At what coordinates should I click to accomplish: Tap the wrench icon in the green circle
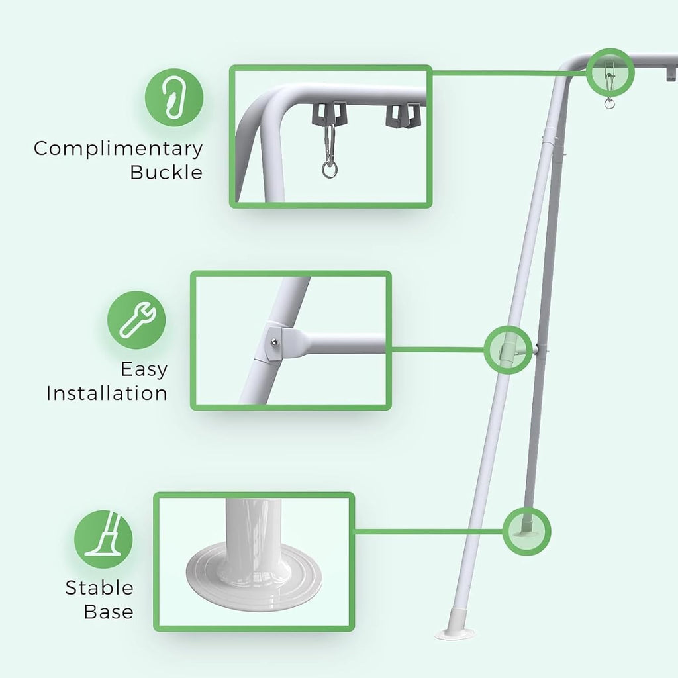tap(136, 320)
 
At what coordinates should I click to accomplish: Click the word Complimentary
tap(118, 150)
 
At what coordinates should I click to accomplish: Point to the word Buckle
tap(166, 172)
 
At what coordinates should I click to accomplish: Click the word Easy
tap(144, 370)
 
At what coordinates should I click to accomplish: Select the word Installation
tap(107, 393)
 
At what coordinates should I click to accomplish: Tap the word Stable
tap(99, 588)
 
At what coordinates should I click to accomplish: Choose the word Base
tap(109, 612)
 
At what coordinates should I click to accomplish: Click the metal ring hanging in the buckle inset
tap(330, 169)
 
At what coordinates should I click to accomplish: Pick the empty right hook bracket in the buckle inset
tap(403, 116)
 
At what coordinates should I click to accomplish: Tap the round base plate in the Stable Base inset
tap(254, 577)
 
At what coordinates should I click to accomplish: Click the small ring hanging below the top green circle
tap(609, 103)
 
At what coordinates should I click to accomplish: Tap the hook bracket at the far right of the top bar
tap(671, 73)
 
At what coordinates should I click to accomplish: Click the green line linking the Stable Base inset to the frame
tap(429, 531)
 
